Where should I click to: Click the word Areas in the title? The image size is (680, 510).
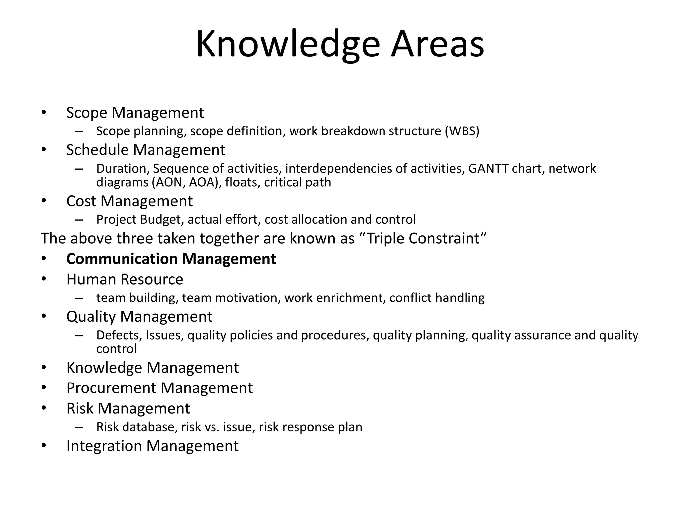(437, 44)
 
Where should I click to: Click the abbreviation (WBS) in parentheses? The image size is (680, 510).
(462, 131)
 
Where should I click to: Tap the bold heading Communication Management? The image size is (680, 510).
(171, 259)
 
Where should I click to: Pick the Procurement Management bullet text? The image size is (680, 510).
(159, 388)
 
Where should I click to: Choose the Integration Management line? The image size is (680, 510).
(152, 446)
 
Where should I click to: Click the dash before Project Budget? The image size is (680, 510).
(79, 220)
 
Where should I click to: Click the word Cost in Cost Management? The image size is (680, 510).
(81, 201)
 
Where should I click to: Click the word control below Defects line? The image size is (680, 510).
(116, 349)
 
